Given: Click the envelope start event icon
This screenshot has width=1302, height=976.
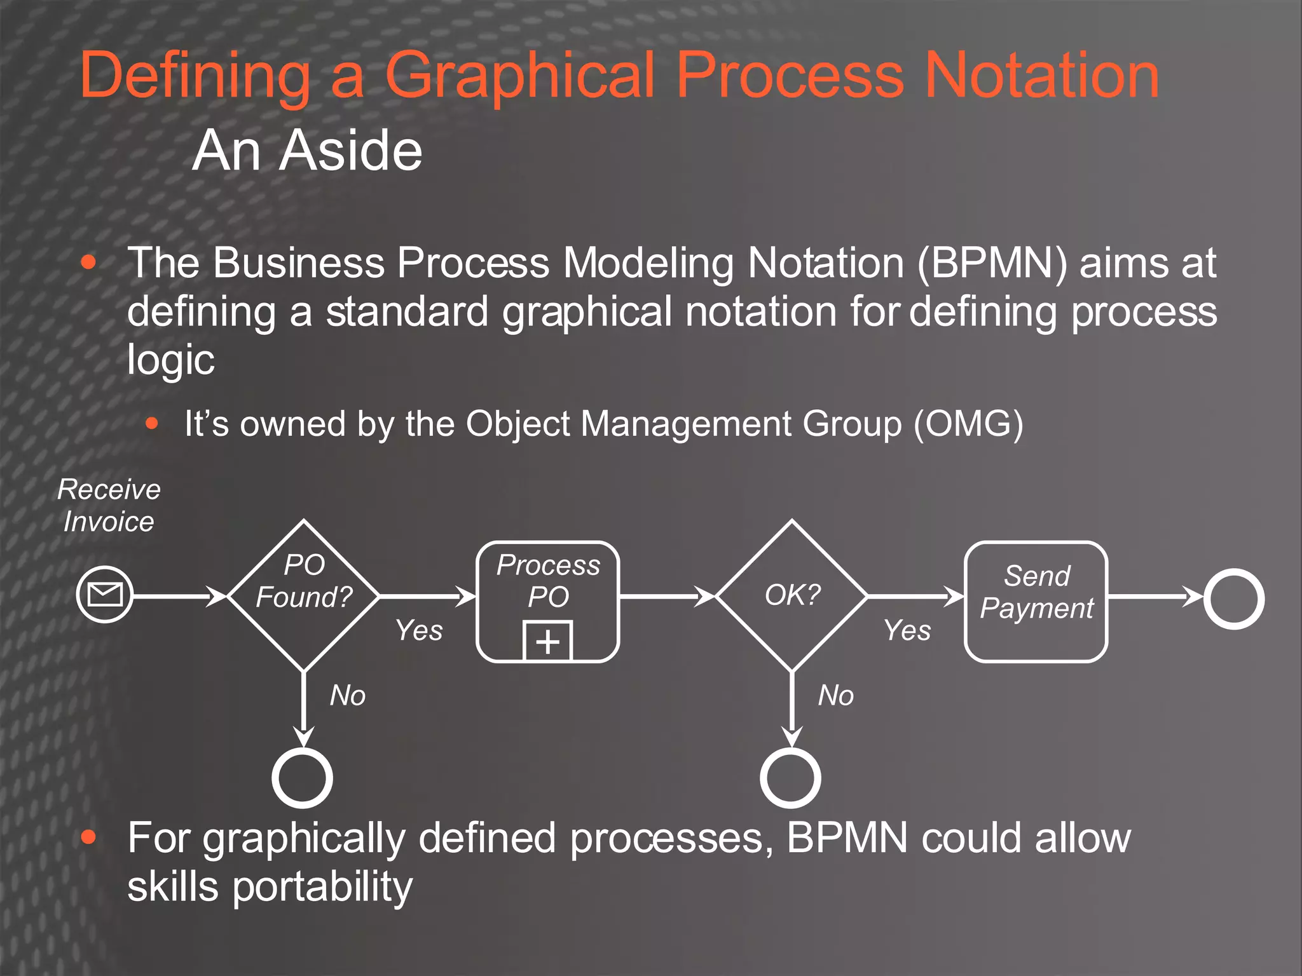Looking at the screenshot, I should coord(105,595).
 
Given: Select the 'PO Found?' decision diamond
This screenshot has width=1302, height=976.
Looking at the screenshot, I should coord(304,595).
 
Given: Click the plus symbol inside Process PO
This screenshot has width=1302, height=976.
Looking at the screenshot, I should coord(548,641).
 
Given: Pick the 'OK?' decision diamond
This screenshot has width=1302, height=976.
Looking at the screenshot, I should coord(792,595).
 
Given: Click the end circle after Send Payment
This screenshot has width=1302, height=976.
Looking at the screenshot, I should coord(1233,599).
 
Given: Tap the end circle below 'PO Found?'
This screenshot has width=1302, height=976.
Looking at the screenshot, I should coord(303,778).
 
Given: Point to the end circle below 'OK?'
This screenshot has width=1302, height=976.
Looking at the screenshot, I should coord(791,778).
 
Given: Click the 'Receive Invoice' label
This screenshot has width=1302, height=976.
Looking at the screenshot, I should coord(109,505).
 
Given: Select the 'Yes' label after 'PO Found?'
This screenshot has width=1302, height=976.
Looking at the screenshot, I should coord(419,630).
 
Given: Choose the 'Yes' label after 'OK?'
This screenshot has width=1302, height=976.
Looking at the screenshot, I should coord(907,630).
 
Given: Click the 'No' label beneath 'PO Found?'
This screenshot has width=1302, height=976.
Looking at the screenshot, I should coord(348,695).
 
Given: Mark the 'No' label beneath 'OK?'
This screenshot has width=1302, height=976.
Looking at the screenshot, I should coord(836,695).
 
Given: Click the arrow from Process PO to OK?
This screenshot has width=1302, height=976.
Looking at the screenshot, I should coord(668,597).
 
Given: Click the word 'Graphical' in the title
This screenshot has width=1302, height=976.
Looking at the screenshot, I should coord(520,76).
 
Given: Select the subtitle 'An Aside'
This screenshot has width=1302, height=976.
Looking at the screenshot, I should coord(307,151).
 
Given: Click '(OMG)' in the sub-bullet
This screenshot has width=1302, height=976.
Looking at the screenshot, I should coord(968,423).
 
